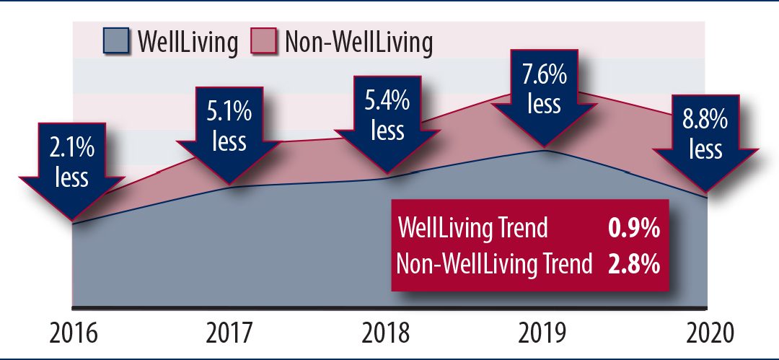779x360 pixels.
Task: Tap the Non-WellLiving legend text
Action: click(358, 43)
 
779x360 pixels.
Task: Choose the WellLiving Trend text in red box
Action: click(473, 229)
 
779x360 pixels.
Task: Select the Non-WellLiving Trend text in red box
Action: click(494, 263)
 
